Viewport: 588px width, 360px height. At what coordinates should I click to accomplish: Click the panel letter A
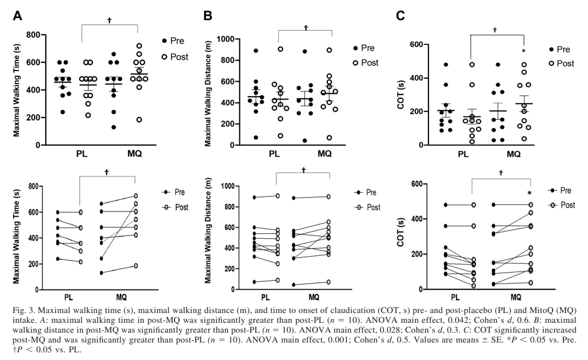18,16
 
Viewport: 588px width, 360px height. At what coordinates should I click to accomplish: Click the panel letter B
208,16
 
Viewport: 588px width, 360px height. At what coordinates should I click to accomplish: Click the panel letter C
400,16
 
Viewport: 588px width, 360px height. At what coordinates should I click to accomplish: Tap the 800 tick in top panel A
33,36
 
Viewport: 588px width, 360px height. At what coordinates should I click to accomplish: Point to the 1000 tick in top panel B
225,39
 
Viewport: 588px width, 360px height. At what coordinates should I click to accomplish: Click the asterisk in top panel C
524,52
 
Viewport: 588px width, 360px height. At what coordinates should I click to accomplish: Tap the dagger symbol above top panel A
109,20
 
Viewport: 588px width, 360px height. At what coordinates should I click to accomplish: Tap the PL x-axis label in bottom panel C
455,298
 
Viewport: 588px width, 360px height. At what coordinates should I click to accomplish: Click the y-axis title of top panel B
208,92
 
